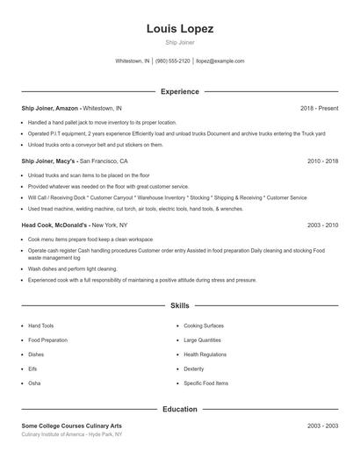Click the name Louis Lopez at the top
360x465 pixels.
[180, 29]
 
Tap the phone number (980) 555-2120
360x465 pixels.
[173, 61]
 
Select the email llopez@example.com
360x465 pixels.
[220, 61]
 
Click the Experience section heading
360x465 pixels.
[180, 91]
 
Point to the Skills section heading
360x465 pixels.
[180, 306]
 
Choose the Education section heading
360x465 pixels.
[180, 409]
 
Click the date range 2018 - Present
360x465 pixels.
[319, 108]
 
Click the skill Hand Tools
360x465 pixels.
[40, 325]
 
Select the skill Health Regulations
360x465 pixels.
[205, 354]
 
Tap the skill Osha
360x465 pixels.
[34, 383]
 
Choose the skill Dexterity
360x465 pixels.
[193, 369]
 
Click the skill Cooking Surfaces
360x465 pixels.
[203, 325]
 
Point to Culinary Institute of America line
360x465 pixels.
[72, 434]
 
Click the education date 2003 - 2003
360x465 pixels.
[322, 426]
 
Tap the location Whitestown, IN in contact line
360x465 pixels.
[133, 61]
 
